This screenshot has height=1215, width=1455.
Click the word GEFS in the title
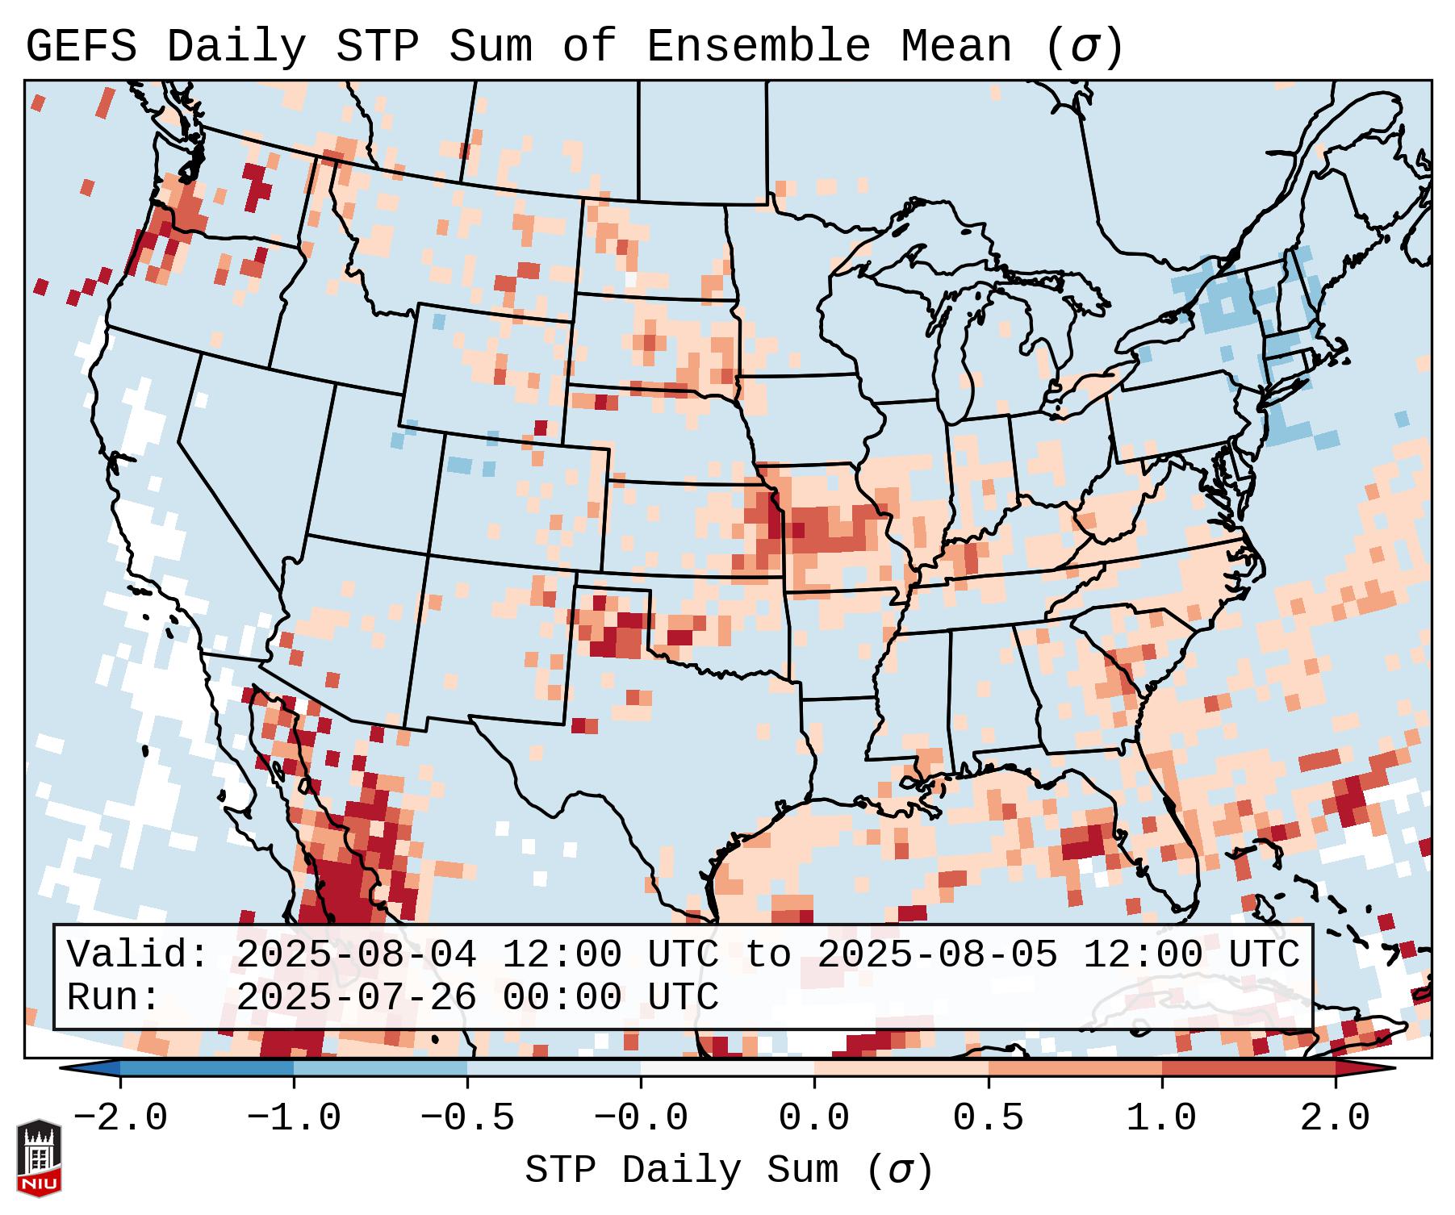[81, 47]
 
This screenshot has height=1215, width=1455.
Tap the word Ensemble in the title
[758, 47]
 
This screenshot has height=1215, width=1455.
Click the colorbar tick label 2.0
[1335, 1118]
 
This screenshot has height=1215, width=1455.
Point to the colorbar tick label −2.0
[119, 1118]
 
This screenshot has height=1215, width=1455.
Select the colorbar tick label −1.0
[293, 1118]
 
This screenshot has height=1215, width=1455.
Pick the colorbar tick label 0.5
[988, 1118]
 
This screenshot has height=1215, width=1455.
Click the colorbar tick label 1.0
[1161, 1118]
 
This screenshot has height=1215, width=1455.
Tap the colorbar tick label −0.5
[466, 1118]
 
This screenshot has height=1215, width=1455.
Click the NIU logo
[39, 1157]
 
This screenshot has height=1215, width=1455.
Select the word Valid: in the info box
[137, 955]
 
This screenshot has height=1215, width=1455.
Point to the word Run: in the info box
[113, 997]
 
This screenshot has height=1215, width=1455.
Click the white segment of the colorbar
[727, 1068]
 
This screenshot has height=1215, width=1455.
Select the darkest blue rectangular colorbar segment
[207, 1068]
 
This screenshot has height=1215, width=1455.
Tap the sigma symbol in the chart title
[1084, 47]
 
